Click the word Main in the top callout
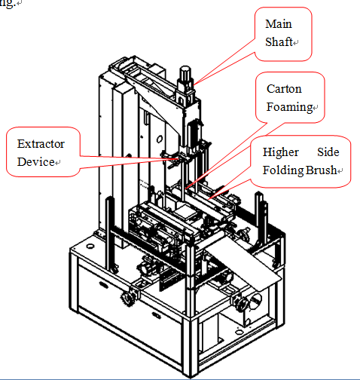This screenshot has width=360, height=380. click(279, 24)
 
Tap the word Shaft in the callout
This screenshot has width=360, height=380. click(279, 41)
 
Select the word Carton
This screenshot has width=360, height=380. click(284, 89)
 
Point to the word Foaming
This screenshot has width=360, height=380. click(289, 107)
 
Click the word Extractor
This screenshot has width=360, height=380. click(41, 144)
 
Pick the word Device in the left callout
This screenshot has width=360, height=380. click(36, 162)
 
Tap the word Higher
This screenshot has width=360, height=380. click(281, 152)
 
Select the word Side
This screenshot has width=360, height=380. click(328, 152)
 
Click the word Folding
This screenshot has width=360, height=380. click(283, 170)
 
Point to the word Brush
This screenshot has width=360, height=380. click(321, 170)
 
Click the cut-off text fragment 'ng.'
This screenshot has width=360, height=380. click(8, 5)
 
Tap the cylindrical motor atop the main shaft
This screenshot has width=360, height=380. click(185, 73)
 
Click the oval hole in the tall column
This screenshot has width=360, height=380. click(160, 139)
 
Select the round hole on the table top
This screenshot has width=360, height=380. click(90, 246)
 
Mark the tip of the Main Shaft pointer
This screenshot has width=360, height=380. click(194, 84)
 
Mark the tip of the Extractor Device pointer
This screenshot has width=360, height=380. click(178, 159)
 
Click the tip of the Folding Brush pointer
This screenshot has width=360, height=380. click(208, 199)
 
